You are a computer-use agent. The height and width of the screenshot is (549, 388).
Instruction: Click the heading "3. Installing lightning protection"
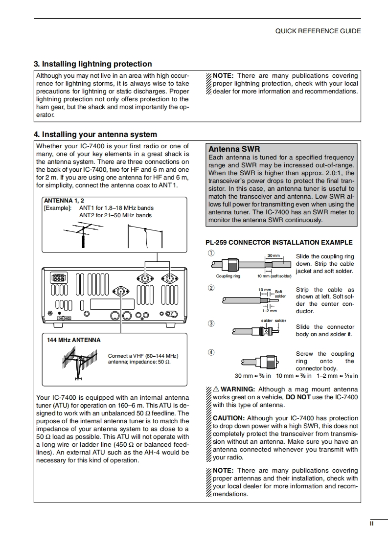92,64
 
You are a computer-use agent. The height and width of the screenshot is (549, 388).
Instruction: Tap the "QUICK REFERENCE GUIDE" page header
318,31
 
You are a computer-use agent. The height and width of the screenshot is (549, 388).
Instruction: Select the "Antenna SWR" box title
234,149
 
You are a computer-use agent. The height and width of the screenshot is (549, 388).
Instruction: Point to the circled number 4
211,352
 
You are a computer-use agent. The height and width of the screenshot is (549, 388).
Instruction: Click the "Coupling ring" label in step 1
228,276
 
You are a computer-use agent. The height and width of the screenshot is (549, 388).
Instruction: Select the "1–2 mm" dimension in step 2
269,311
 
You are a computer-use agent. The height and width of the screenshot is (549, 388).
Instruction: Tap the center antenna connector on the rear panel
121,292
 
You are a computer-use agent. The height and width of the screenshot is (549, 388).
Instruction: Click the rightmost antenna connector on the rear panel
170,278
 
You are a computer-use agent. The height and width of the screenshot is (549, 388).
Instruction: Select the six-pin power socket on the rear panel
58,277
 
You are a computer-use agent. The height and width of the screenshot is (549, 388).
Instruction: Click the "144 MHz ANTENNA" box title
74,340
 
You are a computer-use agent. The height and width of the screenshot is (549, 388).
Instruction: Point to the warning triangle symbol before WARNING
216,389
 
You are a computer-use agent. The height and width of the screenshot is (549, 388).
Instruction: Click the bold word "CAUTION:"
228,418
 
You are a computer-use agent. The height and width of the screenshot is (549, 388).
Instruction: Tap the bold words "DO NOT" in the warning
298,397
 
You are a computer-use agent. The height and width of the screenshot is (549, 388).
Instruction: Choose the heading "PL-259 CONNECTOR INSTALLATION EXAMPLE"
278,242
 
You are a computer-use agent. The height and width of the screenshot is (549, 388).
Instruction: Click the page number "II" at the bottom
372,524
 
